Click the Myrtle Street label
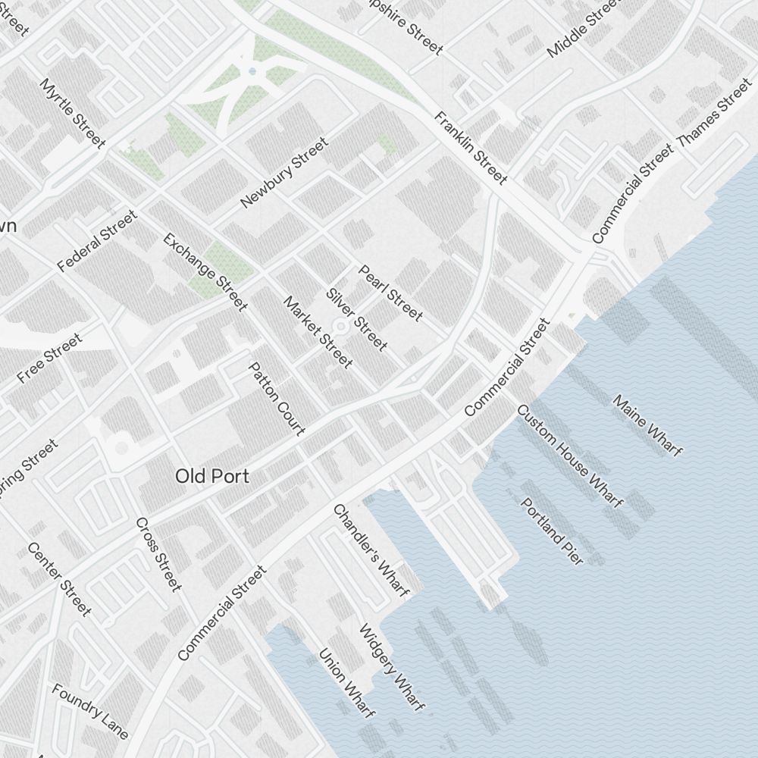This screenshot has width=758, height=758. (74, 112)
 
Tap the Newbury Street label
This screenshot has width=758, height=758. (284, 173)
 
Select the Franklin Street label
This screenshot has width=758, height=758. (470, 148)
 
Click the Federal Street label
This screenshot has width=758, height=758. (98, 242)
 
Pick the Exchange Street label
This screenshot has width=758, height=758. (205, 271)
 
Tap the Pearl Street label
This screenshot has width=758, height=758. (390, 293)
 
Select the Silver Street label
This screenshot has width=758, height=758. (356, 320)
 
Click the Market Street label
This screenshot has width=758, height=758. (318, 332)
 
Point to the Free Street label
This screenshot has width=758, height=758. (49, 359)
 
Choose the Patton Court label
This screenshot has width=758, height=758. (277, 399)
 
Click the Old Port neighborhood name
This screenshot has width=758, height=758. (212, 476)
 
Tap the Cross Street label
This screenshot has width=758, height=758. (158, 554)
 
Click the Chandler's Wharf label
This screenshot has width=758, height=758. (371, 550)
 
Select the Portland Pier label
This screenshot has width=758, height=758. (552, 531)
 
